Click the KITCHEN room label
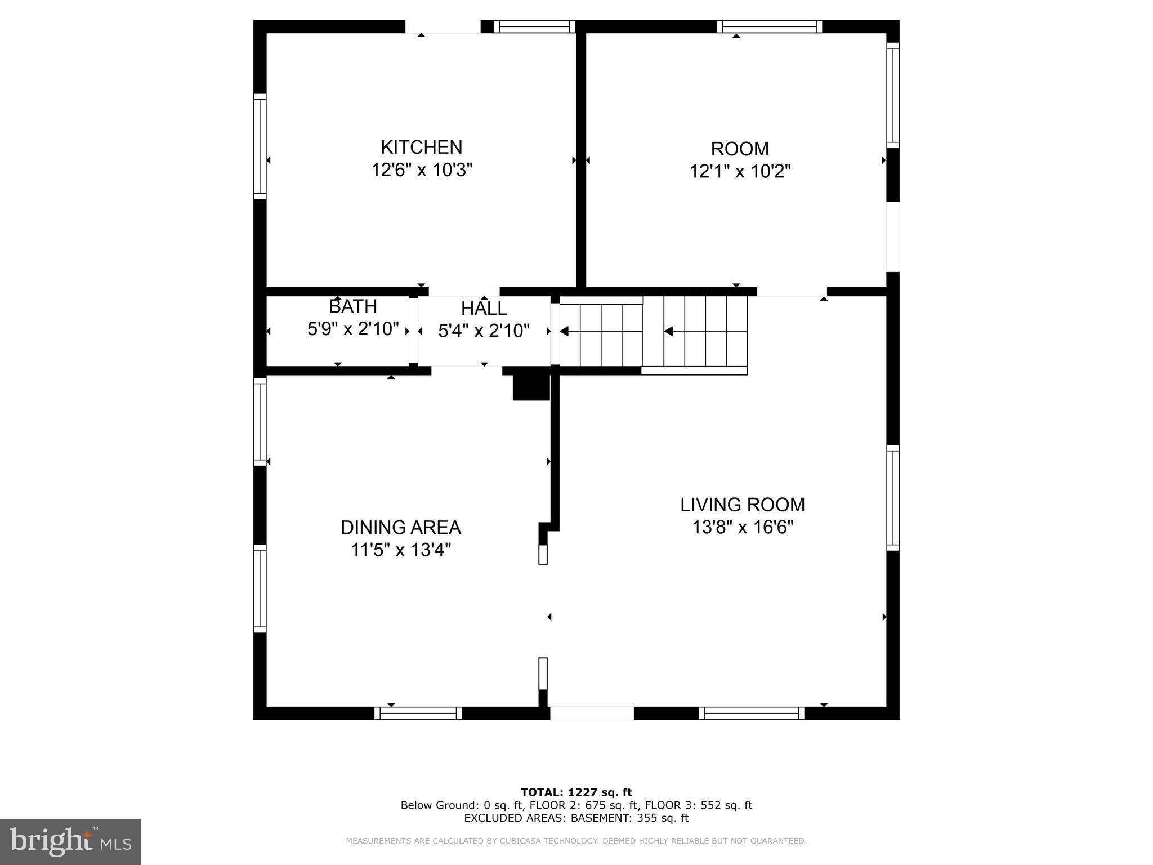coord(421,147)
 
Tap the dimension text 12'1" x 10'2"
coord(740,171)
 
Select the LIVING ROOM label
coord(742,505)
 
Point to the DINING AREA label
coord(400,528)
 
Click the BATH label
coord(352,307)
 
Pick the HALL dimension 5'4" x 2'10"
coord(484,331)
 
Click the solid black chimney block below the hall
coord(530,387)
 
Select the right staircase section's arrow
coord(668,331)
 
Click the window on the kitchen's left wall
coord(260,146)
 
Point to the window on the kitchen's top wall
coord(534,26)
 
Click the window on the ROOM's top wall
coord(769,26)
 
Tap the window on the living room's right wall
coord(893,498)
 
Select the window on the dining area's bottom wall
coord(418,714)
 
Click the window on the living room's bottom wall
coord(752,714)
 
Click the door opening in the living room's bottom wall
coord(592,714)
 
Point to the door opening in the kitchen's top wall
coord(443,26)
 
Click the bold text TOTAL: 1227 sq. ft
coord(576,792)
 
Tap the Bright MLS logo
coord(70,841)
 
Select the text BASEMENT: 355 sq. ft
coord(629,818)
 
